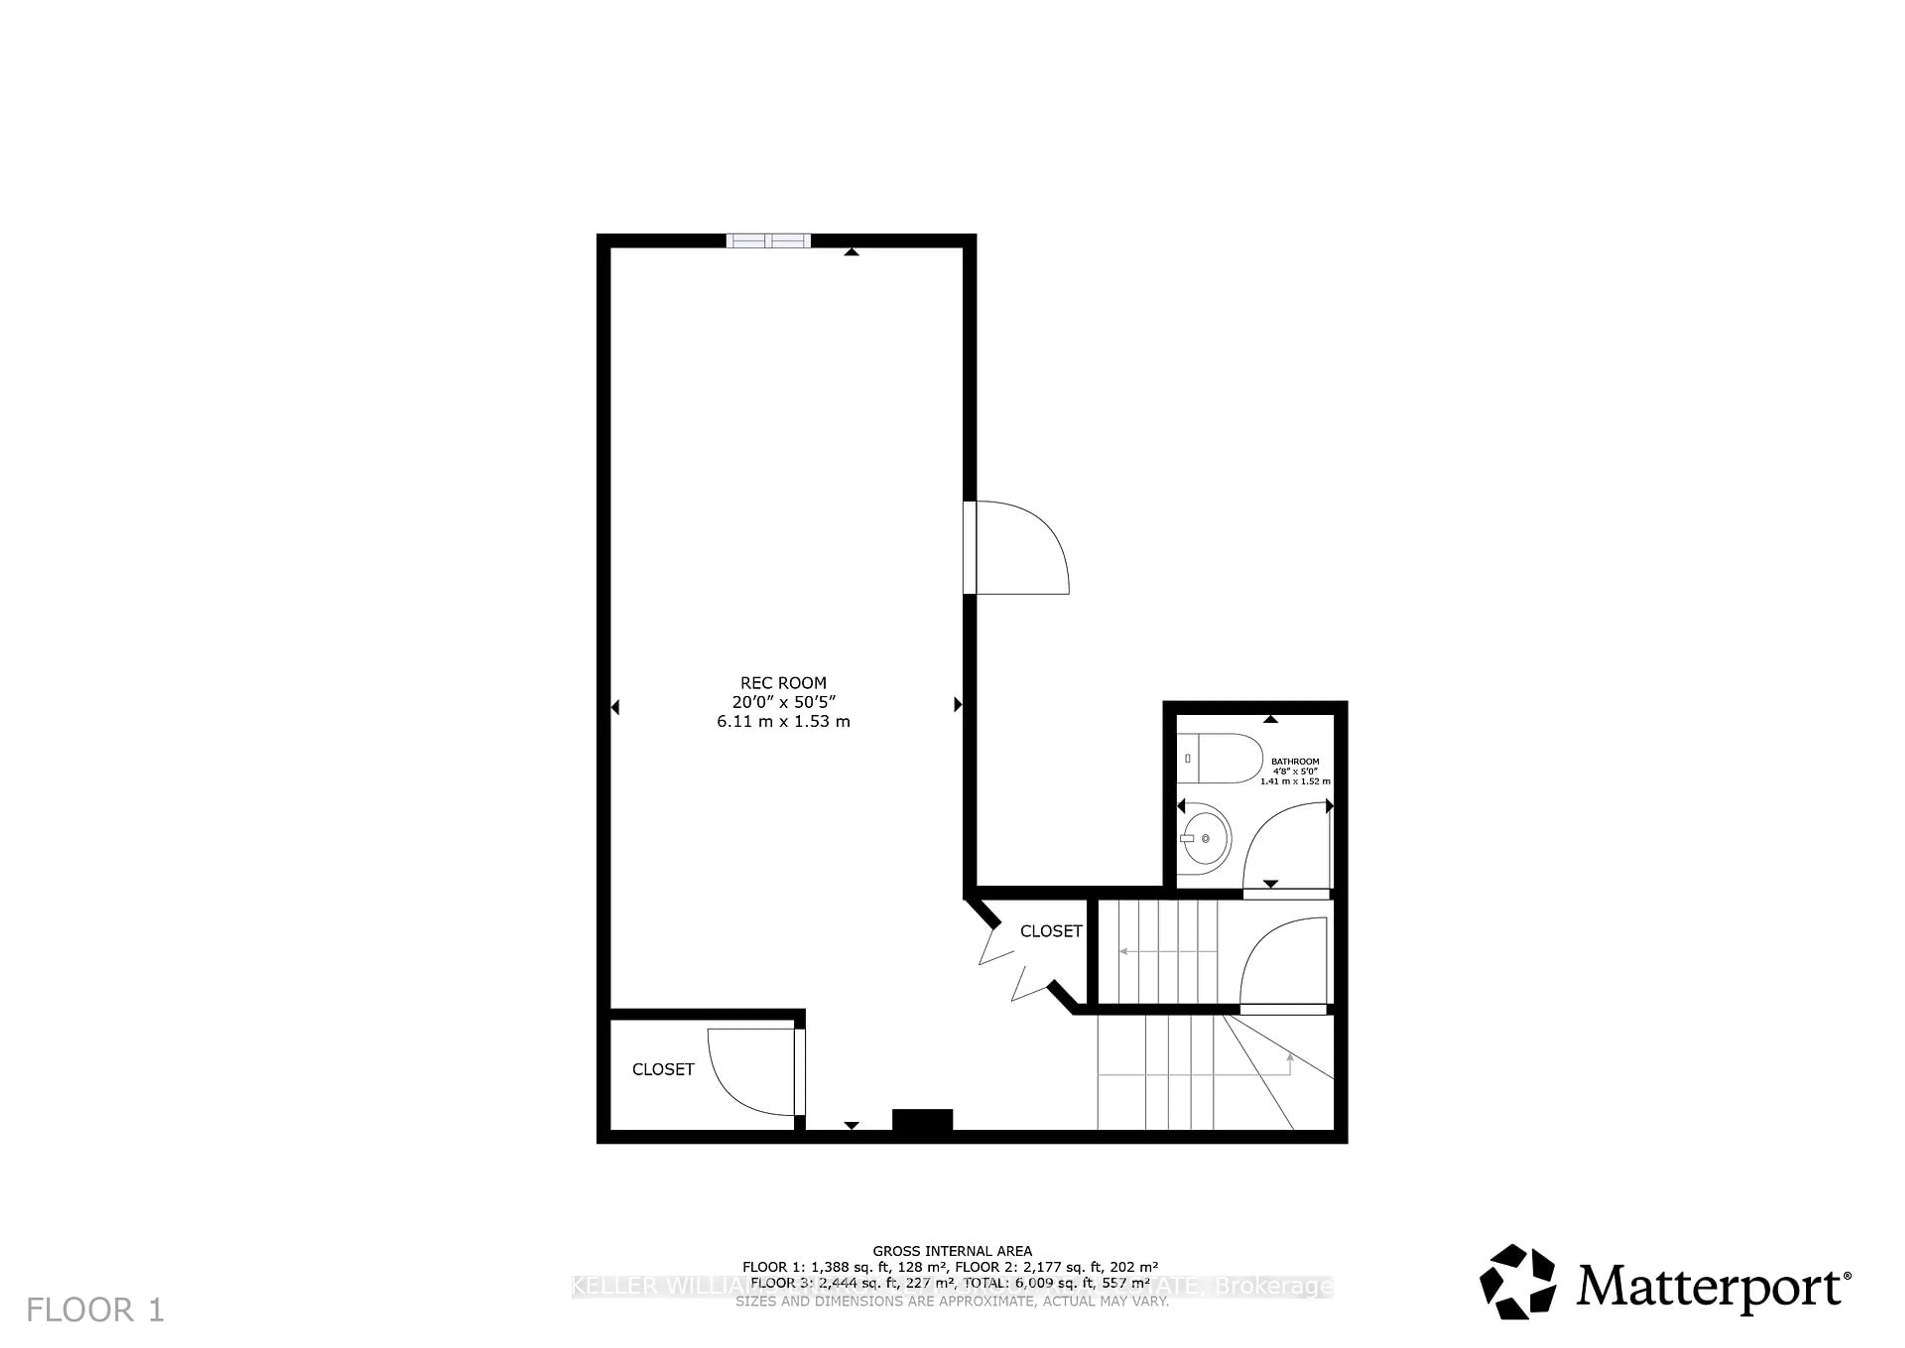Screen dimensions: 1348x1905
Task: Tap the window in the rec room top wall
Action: coord(767,241)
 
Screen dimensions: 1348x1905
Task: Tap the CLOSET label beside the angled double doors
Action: coord(1050,931)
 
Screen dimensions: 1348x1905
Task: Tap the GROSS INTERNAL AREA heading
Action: coord(952,1251)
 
